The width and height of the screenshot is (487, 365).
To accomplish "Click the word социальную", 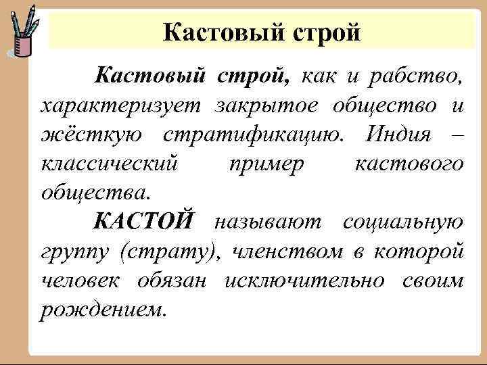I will coord(403,221).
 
